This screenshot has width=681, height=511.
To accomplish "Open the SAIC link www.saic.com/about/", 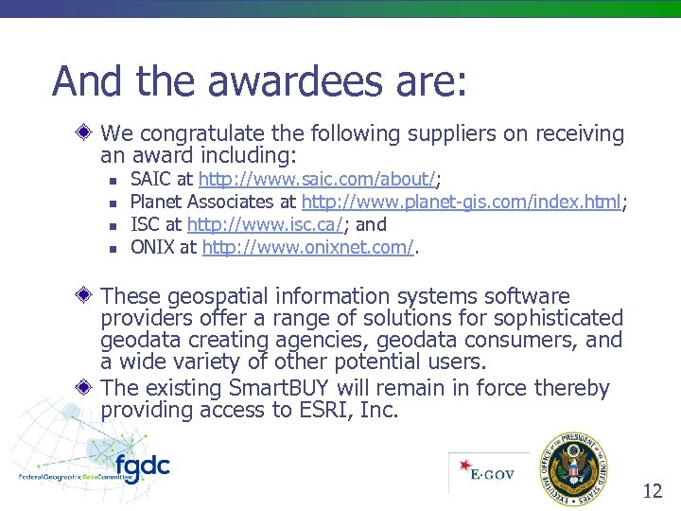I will (x=317, y=178).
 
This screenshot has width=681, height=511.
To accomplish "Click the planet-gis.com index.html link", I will (x=461, y=202).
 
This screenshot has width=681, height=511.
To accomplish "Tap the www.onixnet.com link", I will (x=308, y=248).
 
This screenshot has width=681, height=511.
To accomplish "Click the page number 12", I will (x=653, y=490).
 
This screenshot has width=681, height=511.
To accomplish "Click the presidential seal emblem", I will (x=574, y=469).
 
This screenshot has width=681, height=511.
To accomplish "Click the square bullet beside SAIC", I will (x=113, y=179).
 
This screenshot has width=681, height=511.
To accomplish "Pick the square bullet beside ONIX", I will (x=113, y=249).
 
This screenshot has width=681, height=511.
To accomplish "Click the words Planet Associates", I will (x=200, y=202).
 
